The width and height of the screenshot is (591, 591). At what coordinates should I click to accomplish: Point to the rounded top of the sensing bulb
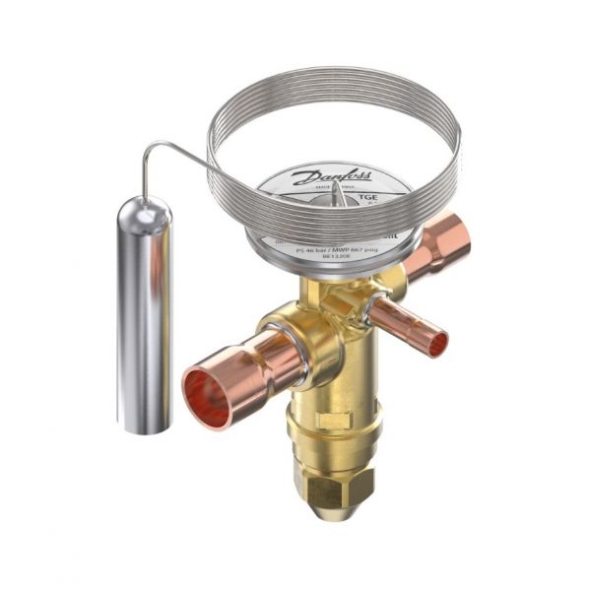pos(145,209)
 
